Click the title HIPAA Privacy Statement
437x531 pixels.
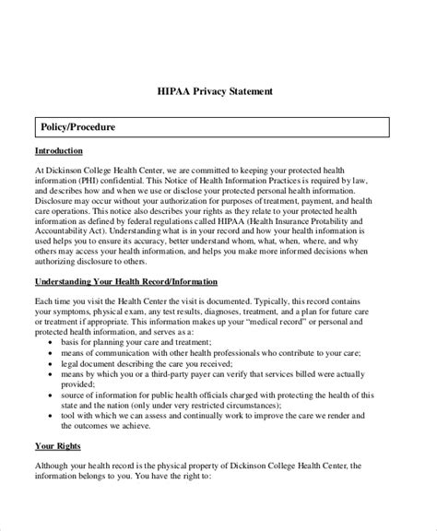[218, 92]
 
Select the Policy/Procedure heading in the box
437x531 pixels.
[78, 125]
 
